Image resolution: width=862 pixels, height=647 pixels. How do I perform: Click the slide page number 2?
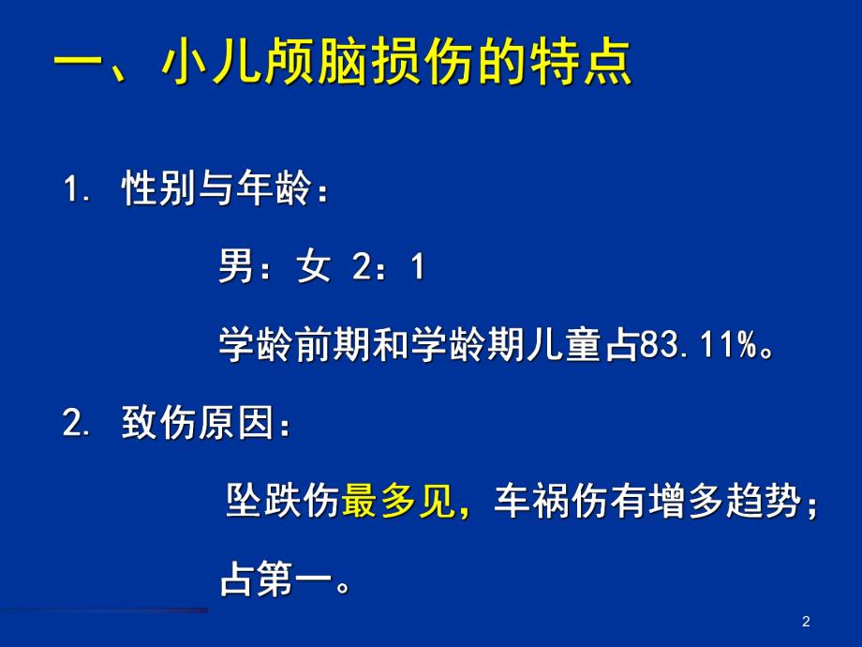[x=806, y=622]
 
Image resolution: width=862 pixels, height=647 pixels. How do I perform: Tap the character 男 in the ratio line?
[x=235, y=269]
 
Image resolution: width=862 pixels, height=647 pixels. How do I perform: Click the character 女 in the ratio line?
[x=314, y=269]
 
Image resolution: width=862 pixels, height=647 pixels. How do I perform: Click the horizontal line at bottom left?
[x=105, y=610]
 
